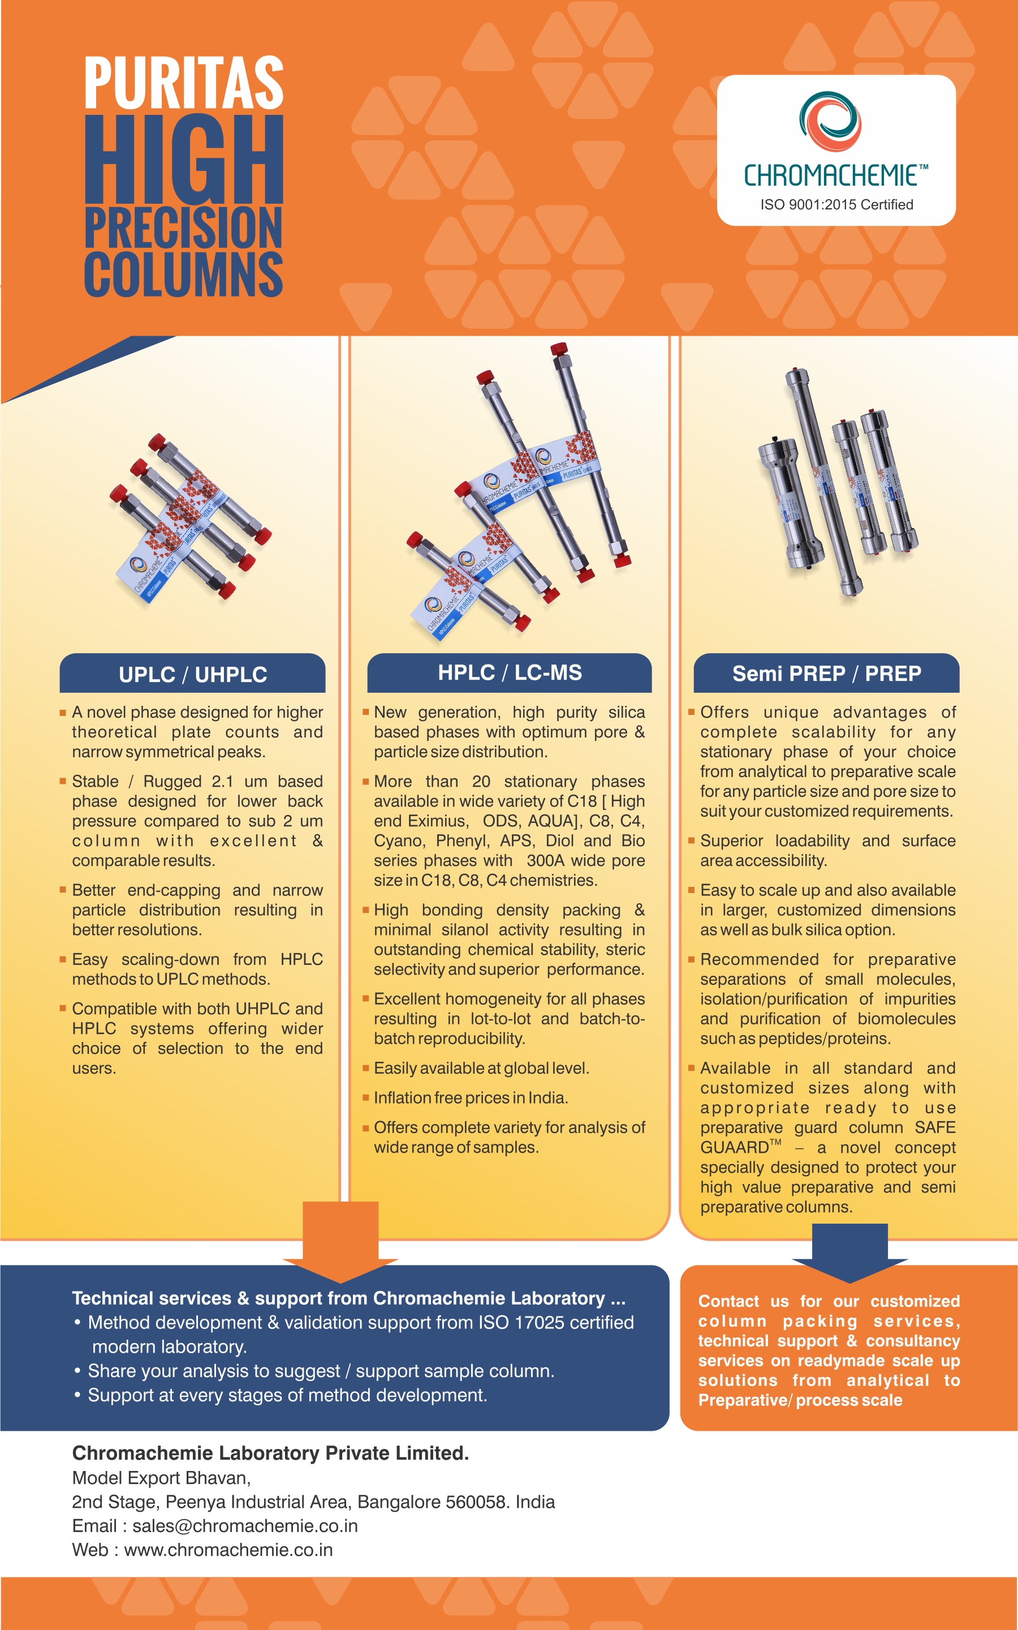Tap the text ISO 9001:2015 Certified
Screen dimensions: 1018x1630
(837, 205)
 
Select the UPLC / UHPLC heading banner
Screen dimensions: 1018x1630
(192, 674)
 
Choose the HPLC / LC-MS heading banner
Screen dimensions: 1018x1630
(510, 673)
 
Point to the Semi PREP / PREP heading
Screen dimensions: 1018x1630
(827, 674)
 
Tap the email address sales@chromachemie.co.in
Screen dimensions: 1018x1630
(245, 1526)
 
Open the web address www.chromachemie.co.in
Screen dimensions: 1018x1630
(228, 1550)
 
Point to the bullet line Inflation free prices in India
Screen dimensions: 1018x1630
(471, 1098)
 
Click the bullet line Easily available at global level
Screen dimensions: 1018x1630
(481, 1068)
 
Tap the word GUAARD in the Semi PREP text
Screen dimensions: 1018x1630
(735, 1148)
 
